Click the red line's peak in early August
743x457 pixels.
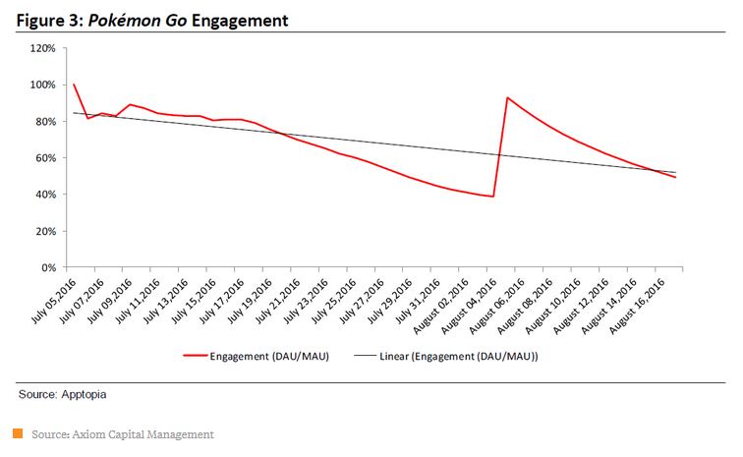click(507, 97)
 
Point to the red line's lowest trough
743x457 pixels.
click(492, 197)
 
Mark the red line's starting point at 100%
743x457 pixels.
click(74, 85)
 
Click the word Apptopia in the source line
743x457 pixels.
click(79, 394)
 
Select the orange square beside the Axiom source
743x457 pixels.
click(18, 433)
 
